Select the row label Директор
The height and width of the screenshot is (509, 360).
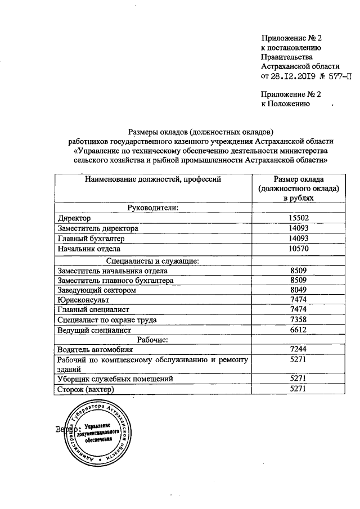point(74,218)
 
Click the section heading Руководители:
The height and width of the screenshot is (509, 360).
point(153,208)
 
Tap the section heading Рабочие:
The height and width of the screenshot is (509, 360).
point(153,340)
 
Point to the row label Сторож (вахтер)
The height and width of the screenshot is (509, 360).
point(85,390)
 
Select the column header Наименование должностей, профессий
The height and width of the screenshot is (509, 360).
point(153,179)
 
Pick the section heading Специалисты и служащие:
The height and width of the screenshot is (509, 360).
point(153,260)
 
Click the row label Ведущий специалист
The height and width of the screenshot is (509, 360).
point(94,330)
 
